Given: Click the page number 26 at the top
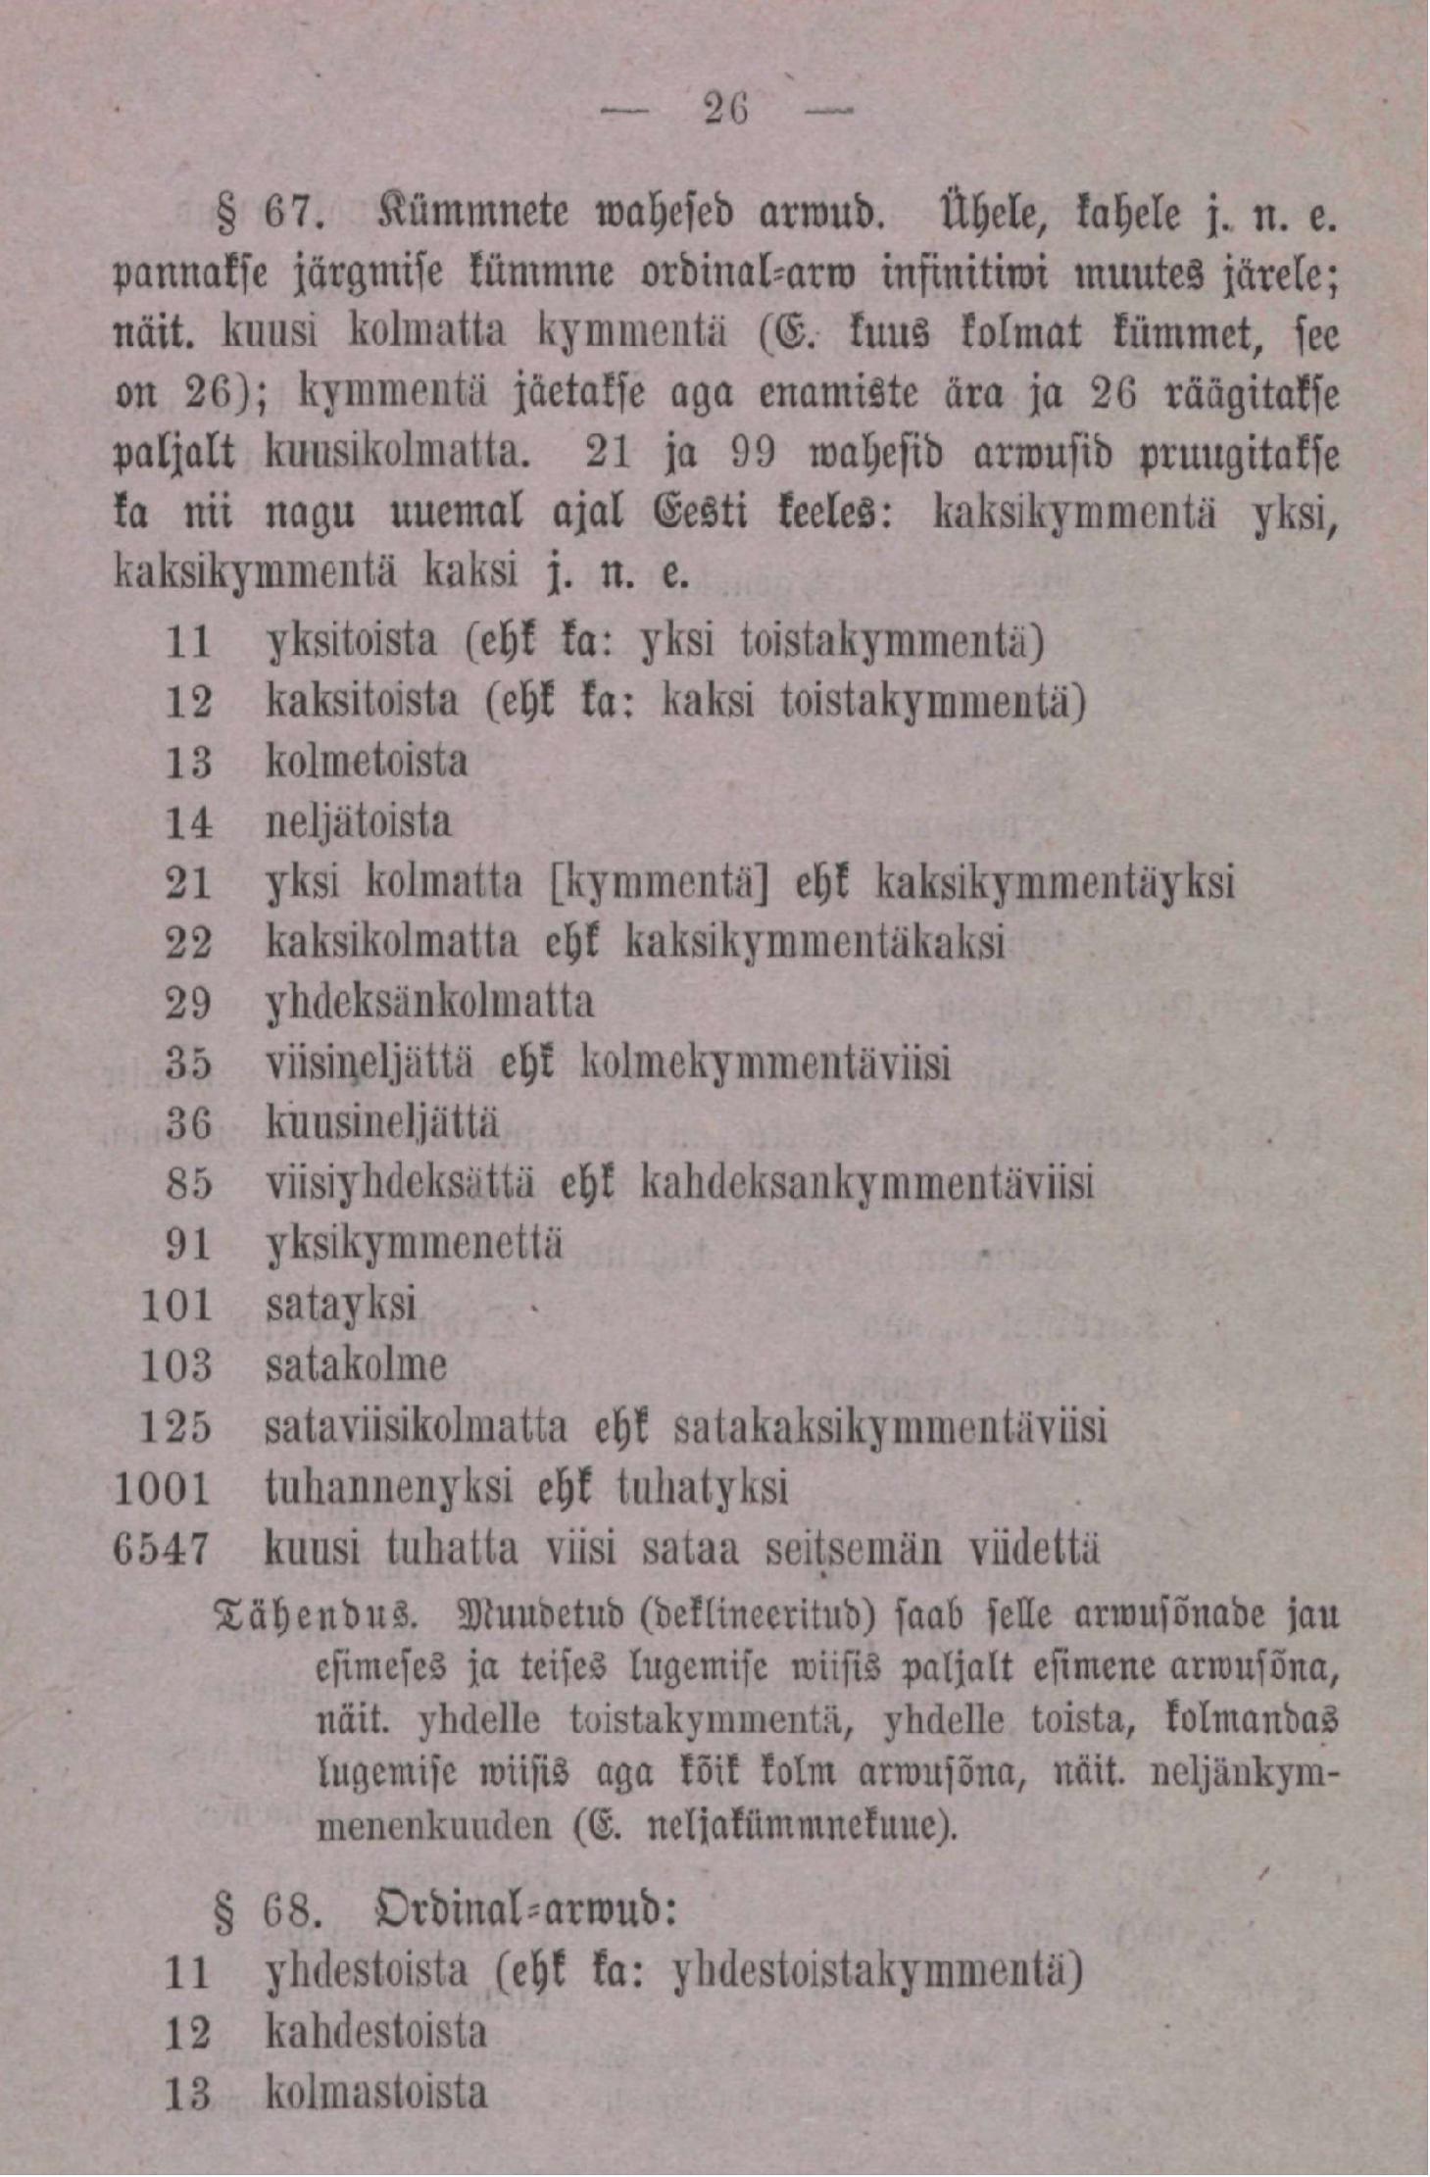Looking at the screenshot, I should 726,109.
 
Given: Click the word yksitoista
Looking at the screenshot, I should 352,642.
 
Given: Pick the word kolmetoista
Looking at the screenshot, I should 367,762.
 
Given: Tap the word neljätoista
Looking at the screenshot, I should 359,822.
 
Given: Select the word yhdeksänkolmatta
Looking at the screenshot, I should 430,1003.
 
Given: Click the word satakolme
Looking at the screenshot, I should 356,1365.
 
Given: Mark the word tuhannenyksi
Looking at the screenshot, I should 389,1489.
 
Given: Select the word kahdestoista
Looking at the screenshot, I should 376,2031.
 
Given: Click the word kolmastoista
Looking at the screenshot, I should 376,2092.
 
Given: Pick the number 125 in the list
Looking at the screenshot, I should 175,1427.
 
